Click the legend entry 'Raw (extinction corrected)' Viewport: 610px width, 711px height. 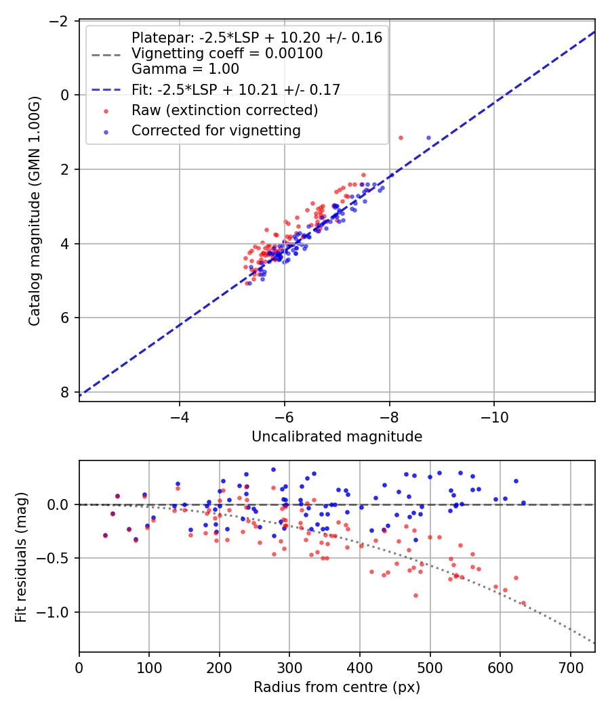tap(225, 110)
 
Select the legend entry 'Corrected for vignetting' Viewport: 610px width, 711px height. tap(216, 130)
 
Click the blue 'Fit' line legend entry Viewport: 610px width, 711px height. tap(236, 89)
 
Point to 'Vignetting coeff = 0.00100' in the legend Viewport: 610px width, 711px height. tap(227, 53)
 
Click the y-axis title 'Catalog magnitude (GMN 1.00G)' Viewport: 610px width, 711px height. tap(35, 211)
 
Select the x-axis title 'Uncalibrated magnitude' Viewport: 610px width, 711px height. tap(337, 437)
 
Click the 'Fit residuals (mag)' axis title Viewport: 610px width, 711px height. tap(21, 556)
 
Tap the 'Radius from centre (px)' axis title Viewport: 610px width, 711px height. tap(337, 687)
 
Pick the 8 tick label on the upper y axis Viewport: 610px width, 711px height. tap(65, 392)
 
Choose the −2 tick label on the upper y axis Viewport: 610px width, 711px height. tap(59, 21)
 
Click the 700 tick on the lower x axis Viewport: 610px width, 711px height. tap(570, 670)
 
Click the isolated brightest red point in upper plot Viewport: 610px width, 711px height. tap(401, 137)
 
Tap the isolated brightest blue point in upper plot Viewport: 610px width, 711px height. tap(428, 137)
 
